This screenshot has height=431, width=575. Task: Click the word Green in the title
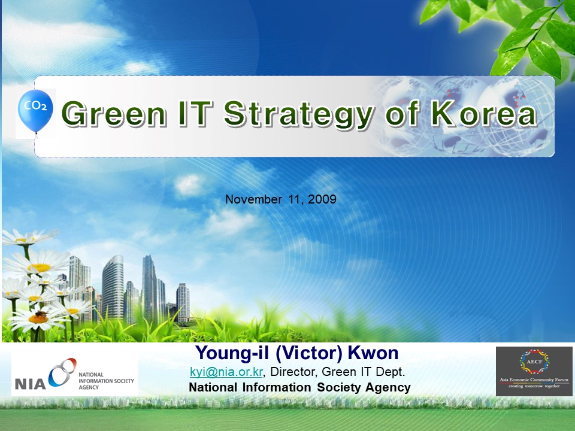tap(114, 113)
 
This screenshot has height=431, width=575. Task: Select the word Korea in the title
tap(484, 113)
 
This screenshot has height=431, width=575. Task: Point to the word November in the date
tap(253, 199)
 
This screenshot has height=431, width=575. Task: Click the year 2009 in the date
tap(322, 199)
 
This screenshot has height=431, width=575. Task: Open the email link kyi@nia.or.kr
tap(226, 372)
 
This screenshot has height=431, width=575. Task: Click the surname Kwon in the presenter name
tap(373, 353)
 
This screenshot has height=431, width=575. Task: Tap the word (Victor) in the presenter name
tap(309, 353)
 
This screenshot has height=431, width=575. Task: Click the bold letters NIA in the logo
tap(30, 384)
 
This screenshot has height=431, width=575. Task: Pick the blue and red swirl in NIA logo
tap(62, 372)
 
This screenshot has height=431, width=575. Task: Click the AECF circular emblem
tap(534, 362)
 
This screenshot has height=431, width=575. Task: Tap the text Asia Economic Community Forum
tap(534, 380)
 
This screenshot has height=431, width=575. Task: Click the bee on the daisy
tap(40, 314)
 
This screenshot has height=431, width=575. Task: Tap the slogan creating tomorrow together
tap(534, 386)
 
